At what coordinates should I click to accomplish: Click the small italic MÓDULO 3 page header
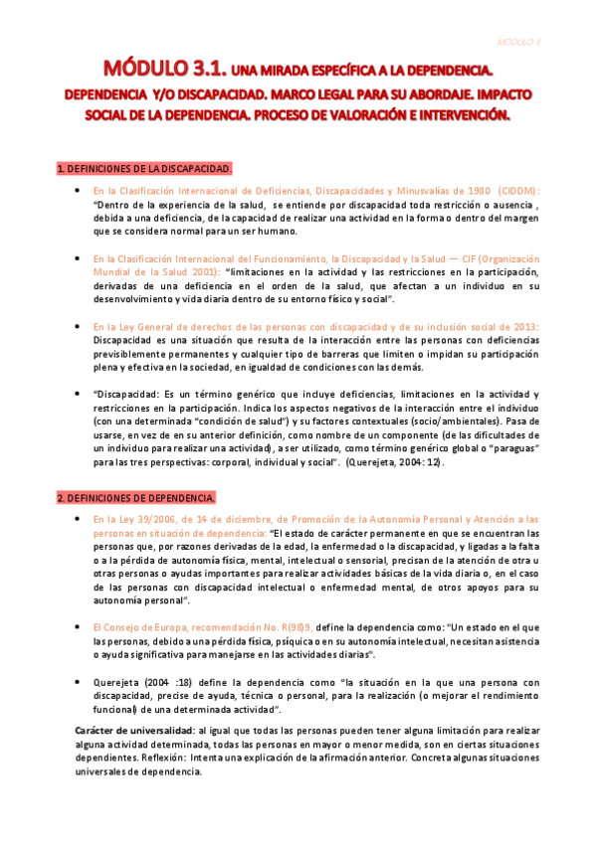518,42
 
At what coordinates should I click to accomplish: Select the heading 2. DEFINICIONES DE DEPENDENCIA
135,497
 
